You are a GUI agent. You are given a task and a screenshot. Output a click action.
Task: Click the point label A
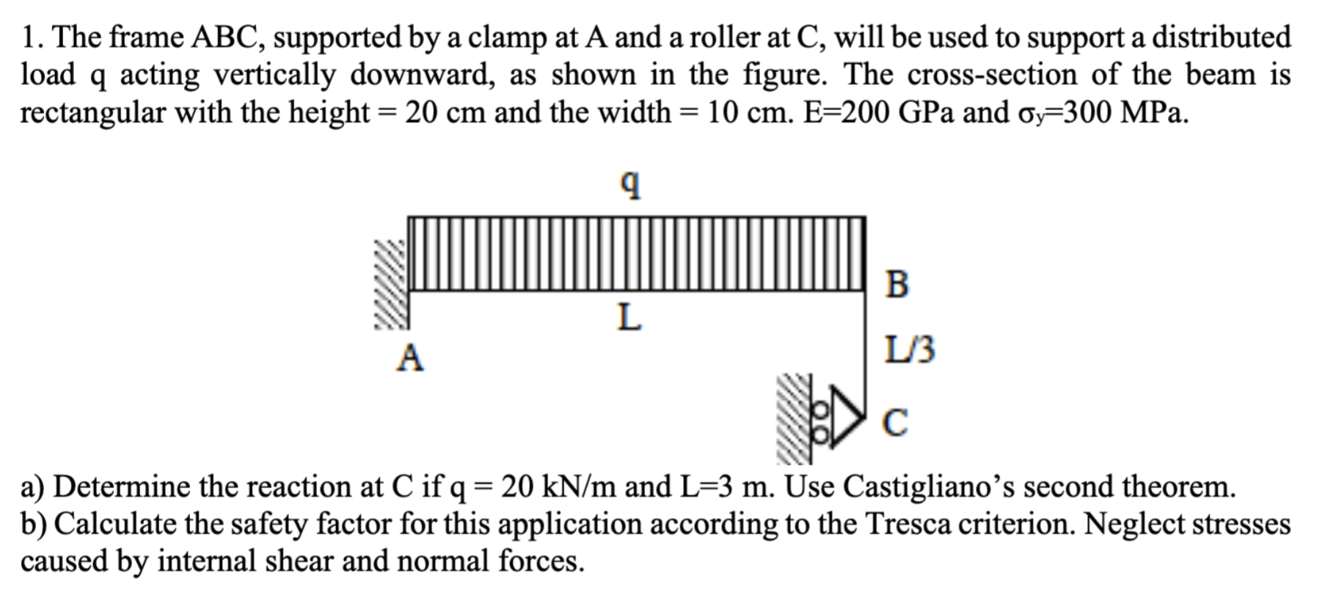pos(410,358)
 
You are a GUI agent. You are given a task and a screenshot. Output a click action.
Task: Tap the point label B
pos(897,284)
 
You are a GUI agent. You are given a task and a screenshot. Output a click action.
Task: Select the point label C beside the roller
pos(895,423)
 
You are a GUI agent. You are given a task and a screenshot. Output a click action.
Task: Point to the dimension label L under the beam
pos(629,318)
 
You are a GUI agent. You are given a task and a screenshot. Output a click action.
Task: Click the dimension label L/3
pos(910,351)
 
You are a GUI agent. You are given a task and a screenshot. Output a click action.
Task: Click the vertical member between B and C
pos(866,345)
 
